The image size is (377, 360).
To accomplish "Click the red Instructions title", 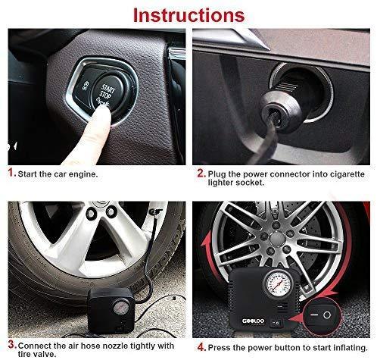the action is click(188, 15).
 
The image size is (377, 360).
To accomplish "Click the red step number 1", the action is click(11, 173).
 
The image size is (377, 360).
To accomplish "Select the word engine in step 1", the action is click(83, 174).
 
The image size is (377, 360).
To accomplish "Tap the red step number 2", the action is click(201, 174).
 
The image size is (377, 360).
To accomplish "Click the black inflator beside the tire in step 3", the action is click(111, 310).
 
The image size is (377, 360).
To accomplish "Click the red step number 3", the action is click(12, 344).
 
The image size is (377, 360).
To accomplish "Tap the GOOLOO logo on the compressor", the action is click(253, 321).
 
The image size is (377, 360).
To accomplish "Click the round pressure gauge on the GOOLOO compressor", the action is click(279, 284).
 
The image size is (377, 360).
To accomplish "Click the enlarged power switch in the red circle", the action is click(320, 315).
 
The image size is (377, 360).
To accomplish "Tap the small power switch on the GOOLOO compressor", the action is click(276, 323).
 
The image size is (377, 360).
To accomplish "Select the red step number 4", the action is click(201, 347).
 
